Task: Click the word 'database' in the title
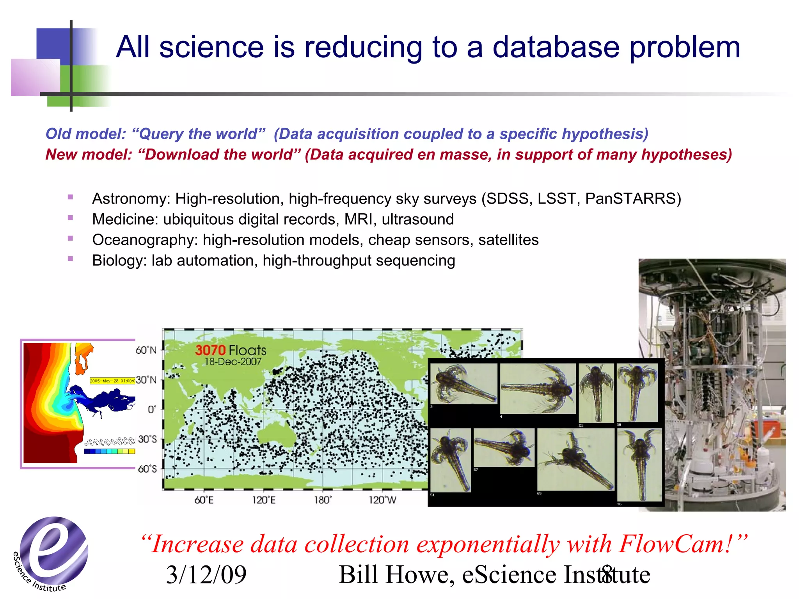[x=556, y=48]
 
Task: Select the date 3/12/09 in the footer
[x=206, y=575]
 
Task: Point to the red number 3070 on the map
[x=210, y=350]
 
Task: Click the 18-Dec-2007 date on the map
[x=233, y=362]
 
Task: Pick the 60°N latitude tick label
[x=146, y=350]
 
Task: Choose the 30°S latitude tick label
[x=147, y=439]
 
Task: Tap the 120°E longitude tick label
[x=264, y=500]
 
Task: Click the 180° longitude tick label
[x=323, y=500]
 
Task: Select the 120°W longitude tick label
[x=382, y=500]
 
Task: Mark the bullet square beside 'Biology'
[x=71, y=259]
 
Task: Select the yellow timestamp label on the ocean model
[x=112, y=381]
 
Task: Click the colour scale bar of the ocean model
[x=109, y=451]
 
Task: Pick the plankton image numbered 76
[x=640, y=465]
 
